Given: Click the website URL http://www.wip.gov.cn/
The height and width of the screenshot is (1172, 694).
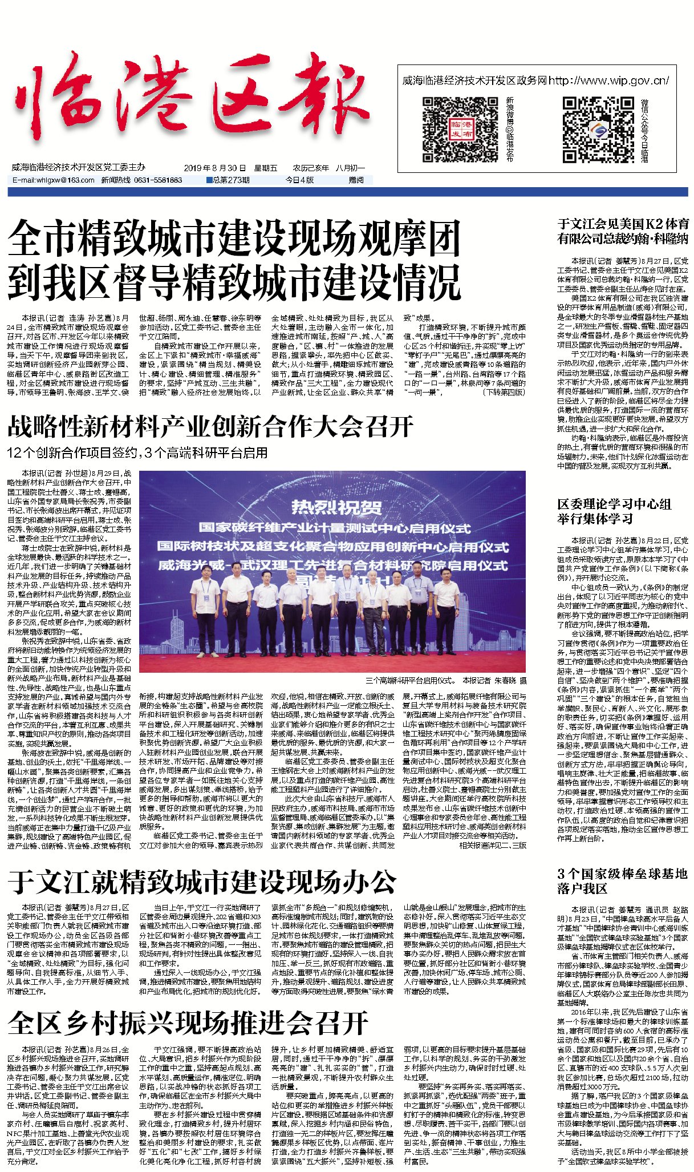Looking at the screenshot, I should tap(608, 81).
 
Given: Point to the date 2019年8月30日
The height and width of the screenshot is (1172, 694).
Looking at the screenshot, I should tap(214, 168).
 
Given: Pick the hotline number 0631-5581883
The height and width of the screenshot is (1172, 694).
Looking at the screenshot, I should tap(158, 180).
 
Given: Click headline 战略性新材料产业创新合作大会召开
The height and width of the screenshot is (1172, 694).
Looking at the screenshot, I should tap(210, 427).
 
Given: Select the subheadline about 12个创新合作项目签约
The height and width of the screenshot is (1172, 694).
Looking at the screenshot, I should tap(137, 453).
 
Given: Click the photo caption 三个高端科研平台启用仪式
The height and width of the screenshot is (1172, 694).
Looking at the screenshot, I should tap(410, 681).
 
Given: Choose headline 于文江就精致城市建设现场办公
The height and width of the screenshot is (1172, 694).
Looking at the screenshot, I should tap(202, 882).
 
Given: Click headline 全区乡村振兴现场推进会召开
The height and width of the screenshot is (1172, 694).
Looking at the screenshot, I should tap(188, 1023).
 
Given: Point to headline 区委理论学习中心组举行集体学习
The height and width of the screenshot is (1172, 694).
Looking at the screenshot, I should tap(614, 511).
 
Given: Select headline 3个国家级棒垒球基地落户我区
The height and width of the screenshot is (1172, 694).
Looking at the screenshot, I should tap(622, 881).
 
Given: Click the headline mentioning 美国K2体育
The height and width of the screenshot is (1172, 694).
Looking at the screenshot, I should tap(623, 231).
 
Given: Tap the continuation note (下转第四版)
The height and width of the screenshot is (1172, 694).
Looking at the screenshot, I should tap(504, 393).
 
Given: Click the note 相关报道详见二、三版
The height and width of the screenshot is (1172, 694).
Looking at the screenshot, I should tap(493, 845).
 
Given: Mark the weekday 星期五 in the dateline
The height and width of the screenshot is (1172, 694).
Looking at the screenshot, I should tap(265, 168).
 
